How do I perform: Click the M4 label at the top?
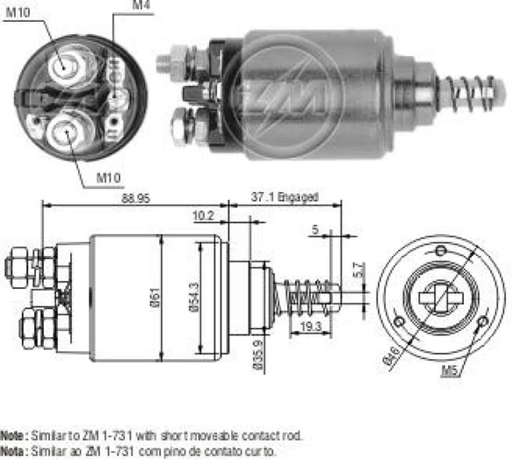(141, 6)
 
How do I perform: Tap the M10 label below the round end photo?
(107, 179)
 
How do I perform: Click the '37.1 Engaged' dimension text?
(284, 199)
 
